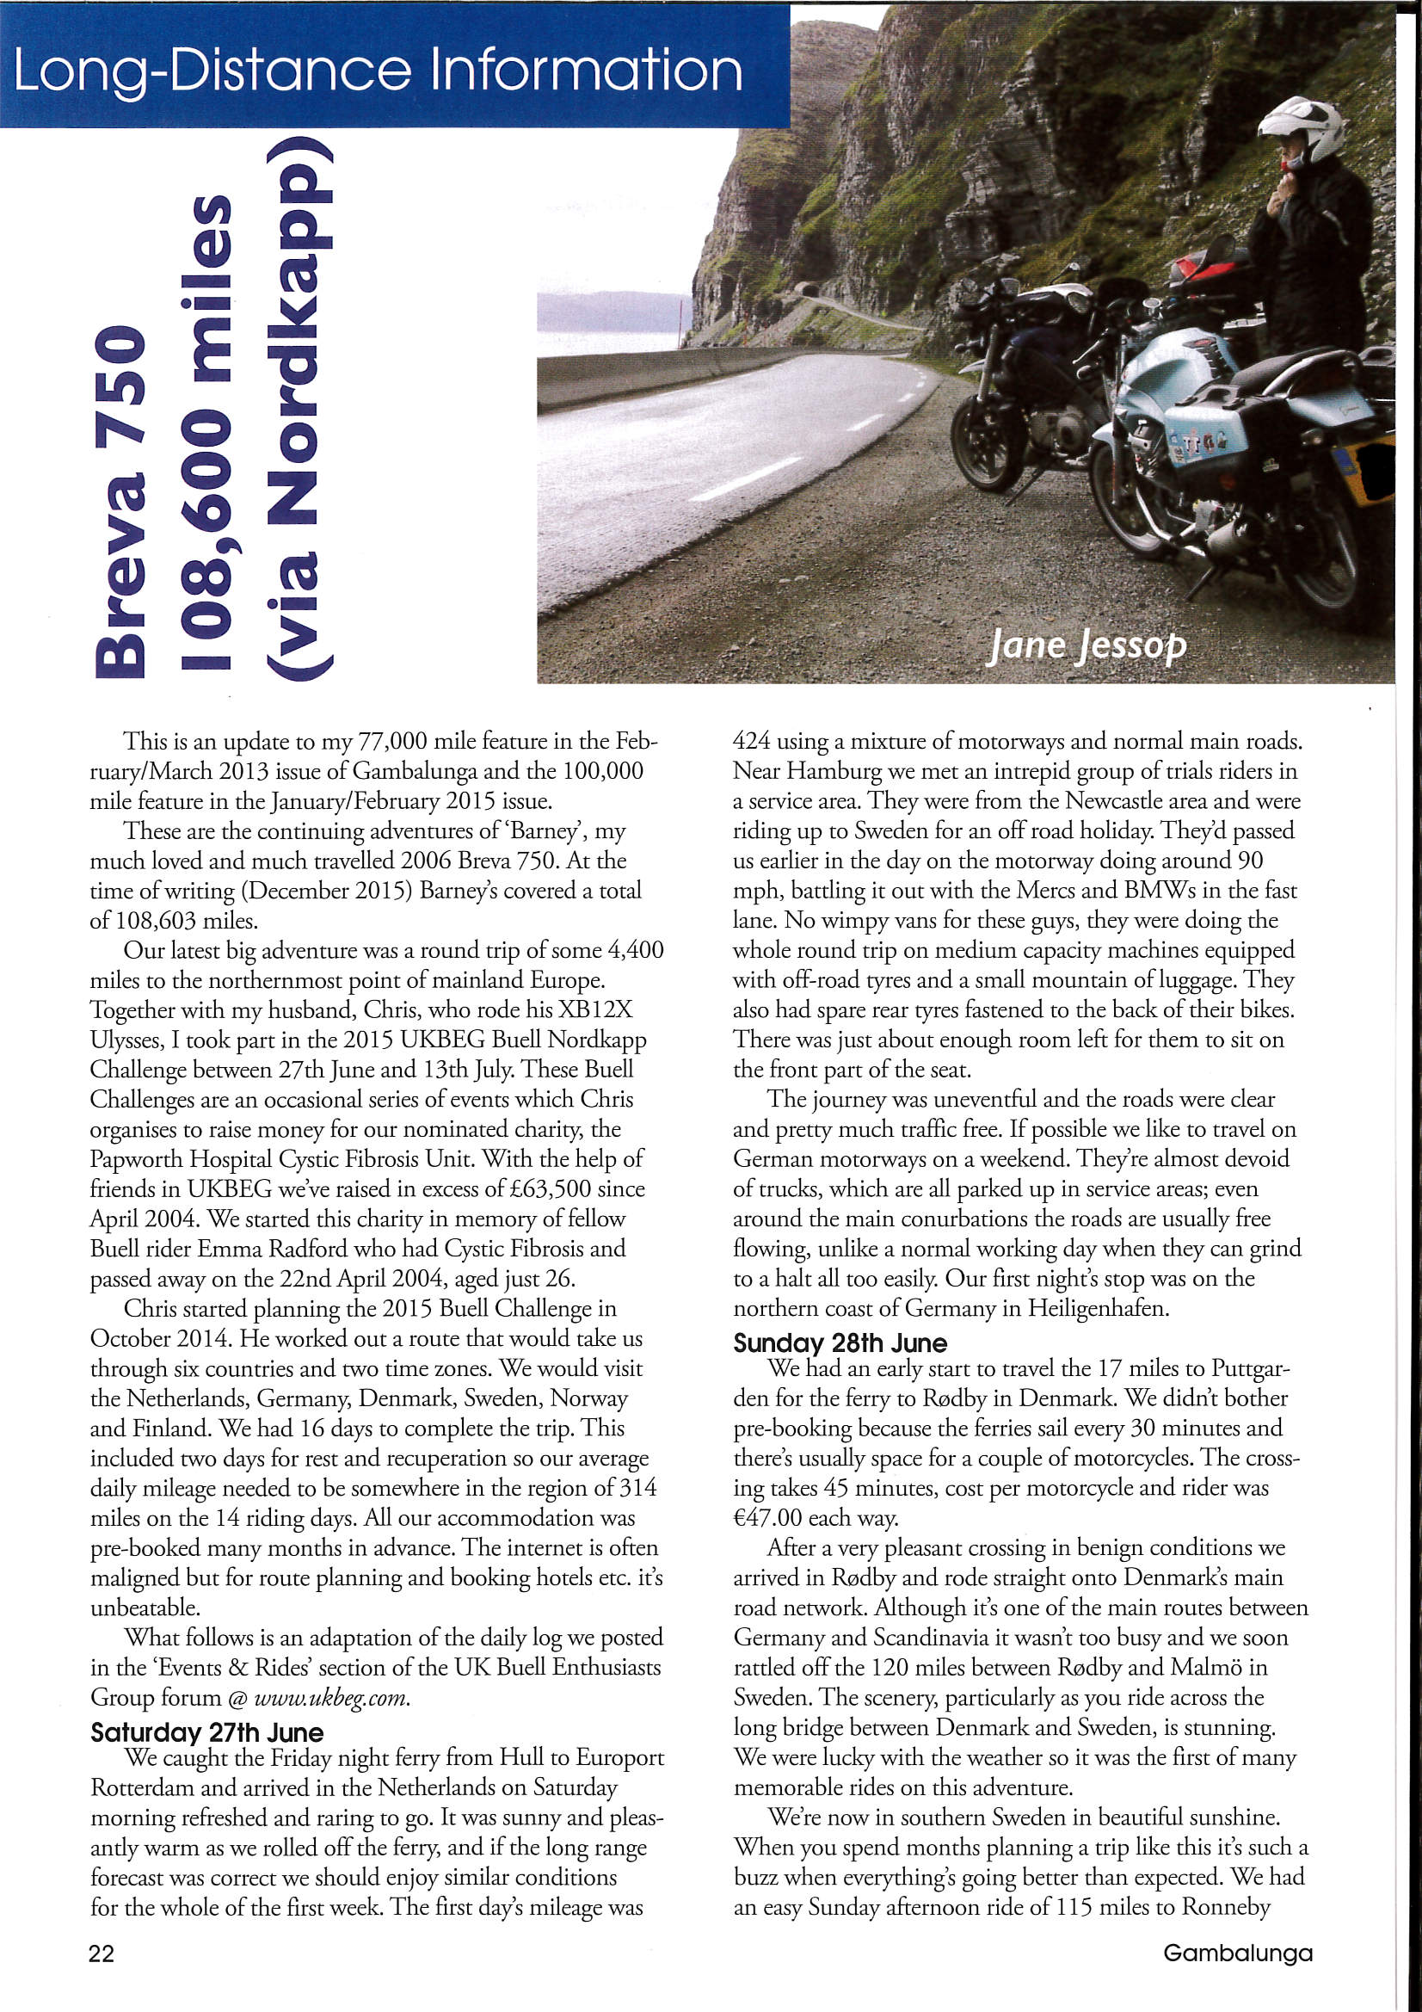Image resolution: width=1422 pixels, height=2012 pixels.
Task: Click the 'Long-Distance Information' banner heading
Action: pyautogui.click(x=378, y=69)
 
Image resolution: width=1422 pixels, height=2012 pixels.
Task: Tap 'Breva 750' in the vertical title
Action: pyautogui.click(x=120, y=500)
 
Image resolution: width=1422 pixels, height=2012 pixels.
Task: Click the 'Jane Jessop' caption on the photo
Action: pyautogui.click(x=1087, y=645)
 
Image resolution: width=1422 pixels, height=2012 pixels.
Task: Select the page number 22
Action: pyautogui.click(x=102, y=1953)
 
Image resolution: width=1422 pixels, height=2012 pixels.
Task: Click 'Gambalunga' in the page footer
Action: pyautogui.click(x=1237, y=1953)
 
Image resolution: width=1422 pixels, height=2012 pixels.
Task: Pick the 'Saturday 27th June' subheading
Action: pyautogui.click(x=206, y=1732)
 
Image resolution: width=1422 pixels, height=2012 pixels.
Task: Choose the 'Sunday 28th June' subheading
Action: pyautogui.click(x=840, y=1343)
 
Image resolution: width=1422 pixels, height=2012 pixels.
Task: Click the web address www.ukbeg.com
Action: pyautogui.click(x=331, y=1697)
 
